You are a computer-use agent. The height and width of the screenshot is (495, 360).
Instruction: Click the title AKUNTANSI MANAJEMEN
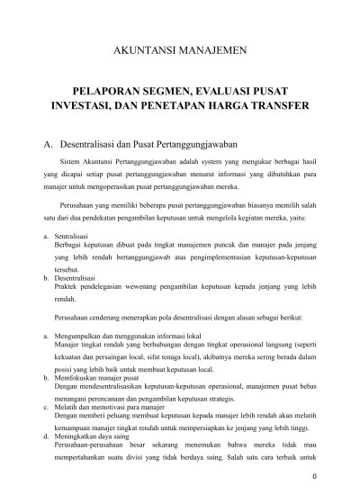(181, 51)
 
